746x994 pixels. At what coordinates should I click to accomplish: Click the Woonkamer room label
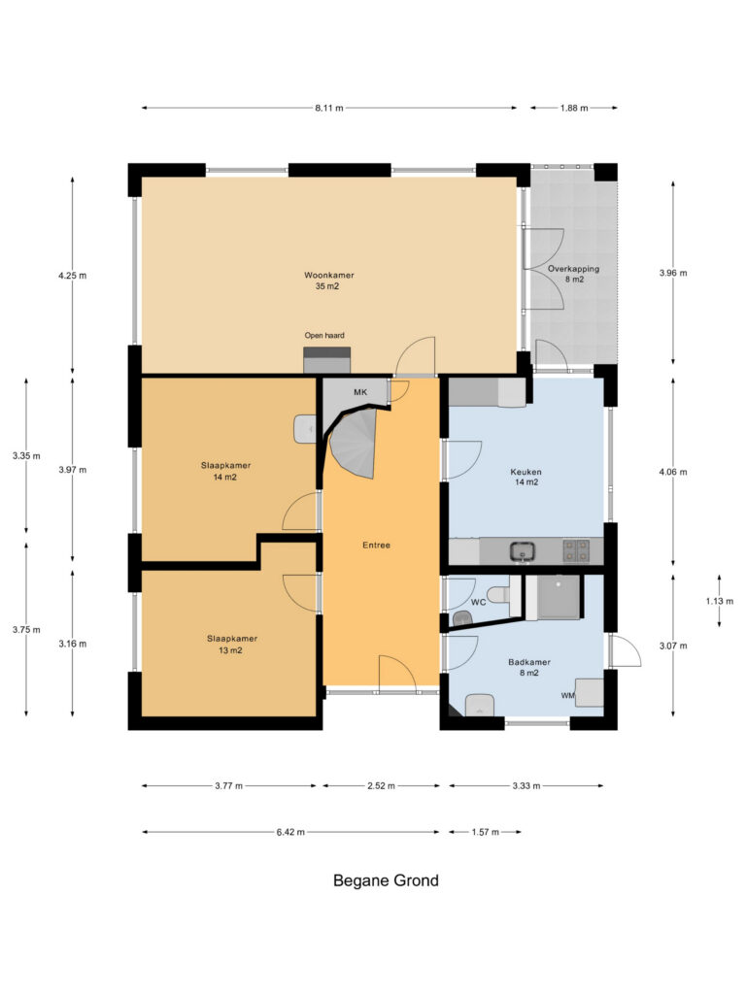(x=328, y=275)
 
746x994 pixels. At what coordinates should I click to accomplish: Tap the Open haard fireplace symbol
(x=326, y=360)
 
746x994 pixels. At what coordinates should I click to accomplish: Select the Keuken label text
(x=526, y=472)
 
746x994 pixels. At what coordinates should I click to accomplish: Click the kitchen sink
(x=523, y=551)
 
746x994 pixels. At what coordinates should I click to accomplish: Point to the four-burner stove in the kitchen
(x=576, y=551)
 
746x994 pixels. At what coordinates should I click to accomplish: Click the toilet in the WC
(x=498, y=595)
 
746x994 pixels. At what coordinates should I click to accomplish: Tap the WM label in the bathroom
(x=567, y=695)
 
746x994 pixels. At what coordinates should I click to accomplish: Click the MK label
(x=360, y=392)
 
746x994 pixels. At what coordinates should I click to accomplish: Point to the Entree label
(x=376, y=546)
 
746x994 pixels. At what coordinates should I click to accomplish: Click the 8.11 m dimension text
(x=329, y=108)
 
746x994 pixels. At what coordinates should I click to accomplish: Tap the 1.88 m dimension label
(x=573, y=108)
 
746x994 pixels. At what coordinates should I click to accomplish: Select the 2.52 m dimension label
(x=381, y=786)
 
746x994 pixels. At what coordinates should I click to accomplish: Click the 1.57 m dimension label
(x=486, y=832)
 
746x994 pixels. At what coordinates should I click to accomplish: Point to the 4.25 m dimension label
(x=72, y=275)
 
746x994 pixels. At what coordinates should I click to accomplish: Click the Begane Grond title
(x=386, y=880)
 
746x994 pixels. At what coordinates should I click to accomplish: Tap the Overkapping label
(x=573, y=269)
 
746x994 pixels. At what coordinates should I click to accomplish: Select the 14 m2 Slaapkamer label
(x=225, y=471)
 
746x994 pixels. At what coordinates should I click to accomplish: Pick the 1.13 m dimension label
(x=720, y=601)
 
